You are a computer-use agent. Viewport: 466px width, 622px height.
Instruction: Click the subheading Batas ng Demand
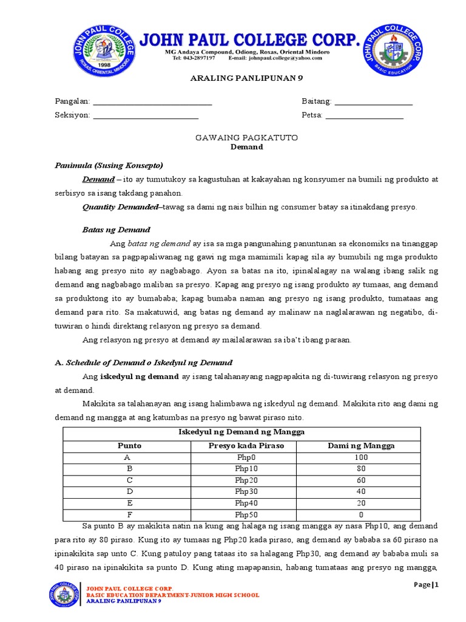116,230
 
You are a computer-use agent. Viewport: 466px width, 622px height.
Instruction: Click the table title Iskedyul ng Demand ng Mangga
241,432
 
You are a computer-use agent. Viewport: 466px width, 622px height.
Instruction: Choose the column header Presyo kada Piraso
246,446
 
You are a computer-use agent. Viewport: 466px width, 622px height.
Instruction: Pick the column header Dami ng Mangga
360,446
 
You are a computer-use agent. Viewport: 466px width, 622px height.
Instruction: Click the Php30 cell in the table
246,491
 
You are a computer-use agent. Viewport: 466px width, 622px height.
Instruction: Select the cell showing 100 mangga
360,457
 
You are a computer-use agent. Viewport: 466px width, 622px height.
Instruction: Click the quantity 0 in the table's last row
360,514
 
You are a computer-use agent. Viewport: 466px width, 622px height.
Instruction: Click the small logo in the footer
63,594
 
